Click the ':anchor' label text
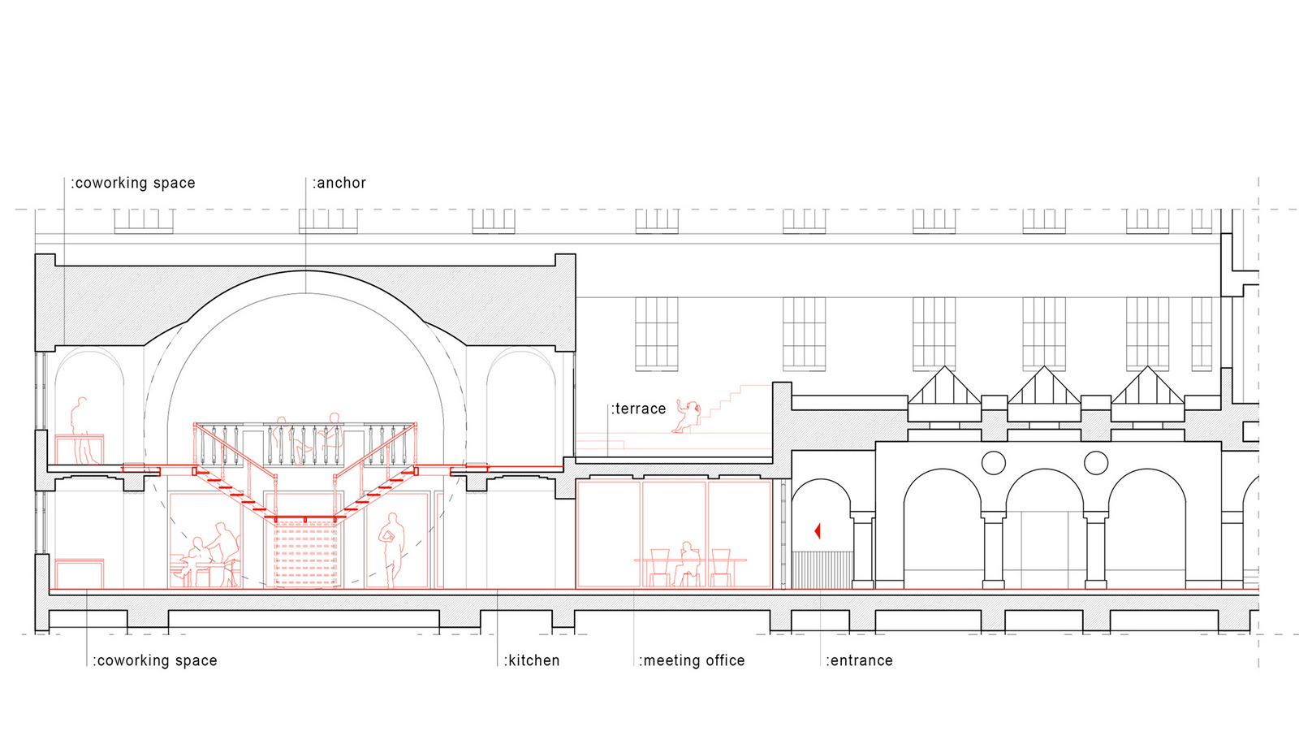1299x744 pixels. pyautogui.click(x=339, y=183)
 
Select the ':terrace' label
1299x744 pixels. pyautogui.click(x=638, y=409)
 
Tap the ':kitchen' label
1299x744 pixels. pyautogui.click(x=532, y=660)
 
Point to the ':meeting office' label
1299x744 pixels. pyautogui.click(x=692, y=660)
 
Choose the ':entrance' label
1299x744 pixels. pyautogui.click(x=860, y=660)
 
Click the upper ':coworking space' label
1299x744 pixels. pyautogui.click(x=133, y=183)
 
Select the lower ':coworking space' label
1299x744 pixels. pyautogui.click(x=155, y=660)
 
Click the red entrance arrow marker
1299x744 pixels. pyautogui.click(x=817, y=531)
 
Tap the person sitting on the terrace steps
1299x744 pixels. pyautogui.click(x=687, y=416)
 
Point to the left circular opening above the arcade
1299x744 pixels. pyautogui.click(x=994, y=463)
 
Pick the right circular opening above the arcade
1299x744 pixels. pyautogui.click(x=1096, y=463)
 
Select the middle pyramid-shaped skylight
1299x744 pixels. pyautogui.click(x=1044, y=386)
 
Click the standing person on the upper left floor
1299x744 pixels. pyautogui.click(x=81, y=430)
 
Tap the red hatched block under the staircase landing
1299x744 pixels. pyautogui.click(x=305, y=553)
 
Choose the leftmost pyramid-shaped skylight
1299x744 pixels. pyautogui.click(x=945, y=386)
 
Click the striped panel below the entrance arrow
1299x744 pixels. pyautogui.click(x=822, y=570)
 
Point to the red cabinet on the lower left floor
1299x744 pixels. pyautogui.click(x=80, y=573)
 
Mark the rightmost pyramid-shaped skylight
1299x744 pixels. pyautogui.click(x=1148, y=386)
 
